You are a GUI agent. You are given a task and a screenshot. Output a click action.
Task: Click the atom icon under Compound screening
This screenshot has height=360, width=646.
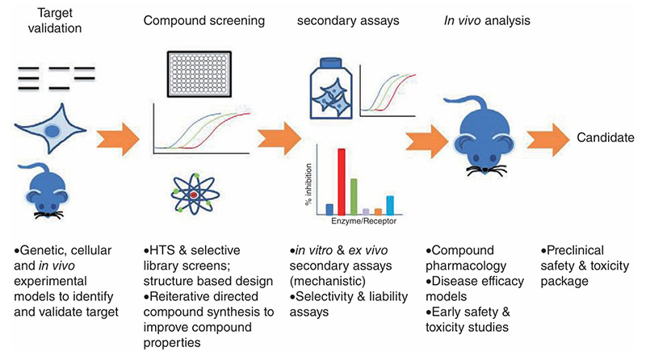193,193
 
